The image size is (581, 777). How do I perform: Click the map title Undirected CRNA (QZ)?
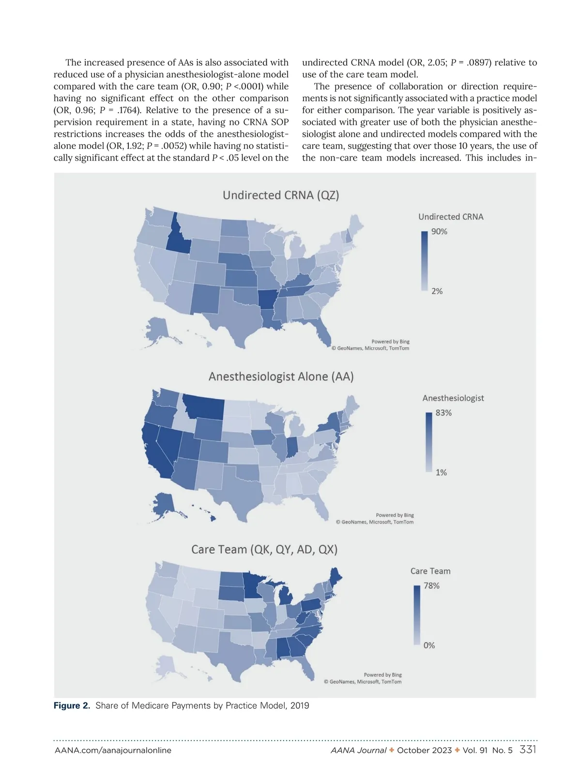(x=281, y=195)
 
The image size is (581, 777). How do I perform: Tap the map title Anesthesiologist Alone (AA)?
(x=281, y=376)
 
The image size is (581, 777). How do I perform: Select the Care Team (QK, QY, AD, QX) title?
(x=264, y=550)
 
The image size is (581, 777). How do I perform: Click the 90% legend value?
(x=439, y=232)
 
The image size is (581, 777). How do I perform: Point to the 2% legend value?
(x=437, y=291)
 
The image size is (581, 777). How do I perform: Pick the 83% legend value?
(x=443, y=413)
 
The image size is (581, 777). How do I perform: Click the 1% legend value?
(x=441, y=473)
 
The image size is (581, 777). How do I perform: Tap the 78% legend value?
(x=431, y=586)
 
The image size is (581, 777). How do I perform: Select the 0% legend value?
(x=429, y=645)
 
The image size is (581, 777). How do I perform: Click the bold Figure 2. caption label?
(x=72, y=705)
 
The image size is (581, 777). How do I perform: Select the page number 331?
(x=527, y=749)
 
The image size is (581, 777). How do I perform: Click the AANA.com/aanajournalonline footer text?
(x=113, y=750)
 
